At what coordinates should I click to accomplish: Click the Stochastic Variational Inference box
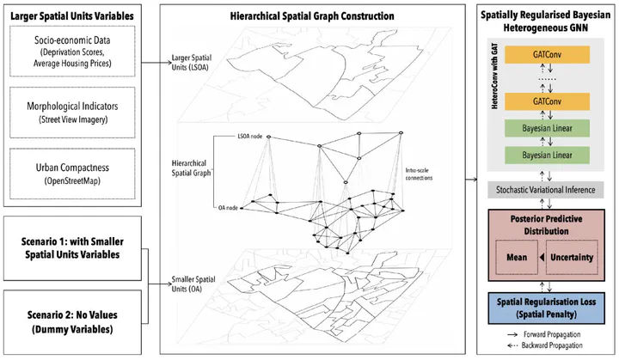546,189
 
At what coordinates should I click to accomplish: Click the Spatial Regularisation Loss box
546,308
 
